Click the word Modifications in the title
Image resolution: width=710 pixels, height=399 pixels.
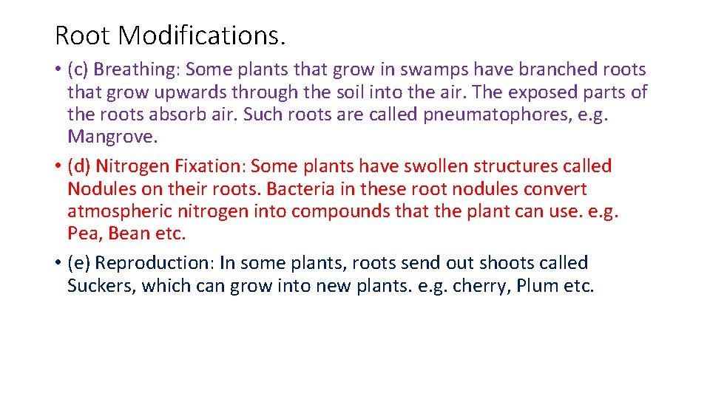click(201, 35)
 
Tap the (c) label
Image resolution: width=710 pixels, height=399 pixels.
click(78, 69)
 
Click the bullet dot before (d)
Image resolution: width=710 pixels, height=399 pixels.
click(58, 167)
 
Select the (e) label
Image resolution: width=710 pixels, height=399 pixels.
click(78, 263)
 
